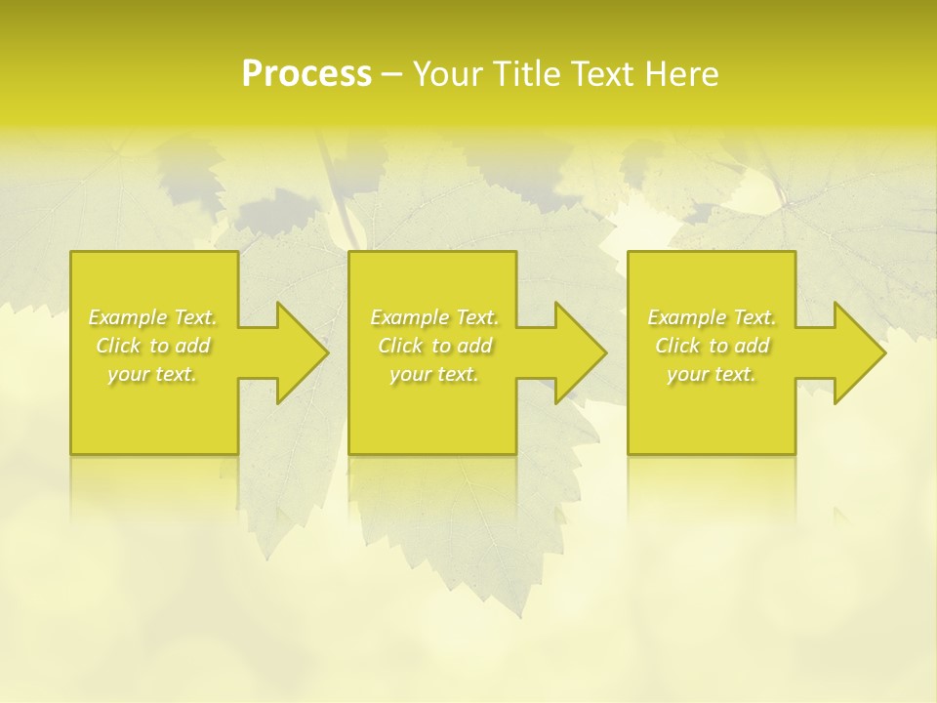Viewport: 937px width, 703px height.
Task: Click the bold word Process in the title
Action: click(x=306, y=74)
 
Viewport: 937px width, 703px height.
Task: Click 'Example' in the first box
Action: click(x=127, y=317)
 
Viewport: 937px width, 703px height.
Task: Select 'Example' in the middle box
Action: click(x=409, y=317)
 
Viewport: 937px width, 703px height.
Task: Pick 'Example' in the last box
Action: click(x=686, y=317)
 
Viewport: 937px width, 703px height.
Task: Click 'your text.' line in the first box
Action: click(x=152, y=374)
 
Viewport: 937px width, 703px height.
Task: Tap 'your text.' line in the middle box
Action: click(x=434, y=374)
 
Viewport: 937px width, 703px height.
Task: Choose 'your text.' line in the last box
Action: click(x=712, y=374)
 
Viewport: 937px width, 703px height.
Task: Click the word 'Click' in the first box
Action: click(x=117, y=346)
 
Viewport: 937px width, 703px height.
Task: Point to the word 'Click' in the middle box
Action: click(x=399, y=346)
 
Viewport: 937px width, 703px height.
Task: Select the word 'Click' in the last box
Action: click(x=676, y=346)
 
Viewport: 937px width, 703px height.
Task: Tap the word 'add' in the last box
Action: click(x=753, y=346)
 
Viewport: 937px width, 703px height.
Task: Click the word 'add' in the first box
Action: click(x=193, y=346)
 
